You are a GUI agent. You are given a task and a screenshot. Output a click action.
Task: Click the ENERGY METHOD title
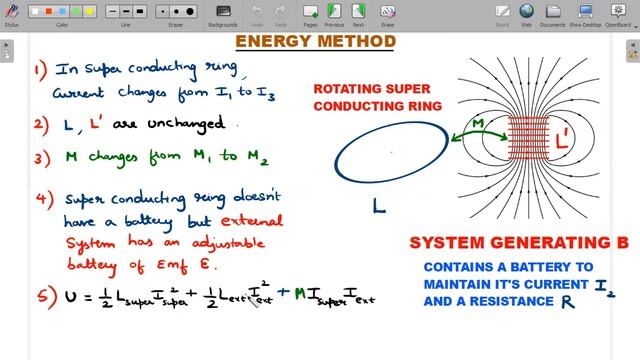[x=315, y=42]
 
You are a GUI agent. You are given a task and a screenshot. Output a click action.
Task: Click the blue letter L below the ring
[x=378, y=207]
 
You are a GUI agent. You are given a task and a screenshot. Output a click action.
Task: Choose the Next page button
[x=356, y=14]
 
